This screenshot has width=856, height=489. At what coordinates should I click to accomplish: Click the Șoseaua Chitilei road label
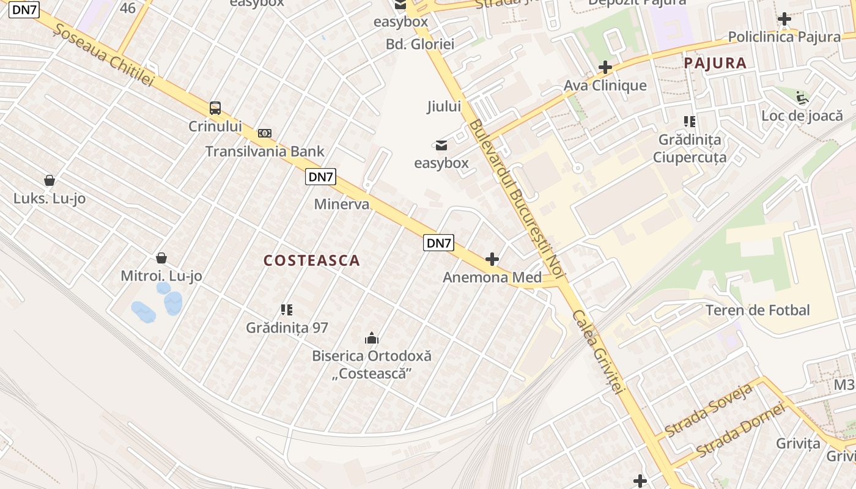[x=103, y=56]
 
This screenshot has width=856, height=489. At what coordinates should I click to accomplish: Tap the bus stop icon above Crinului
[x=215, y=108]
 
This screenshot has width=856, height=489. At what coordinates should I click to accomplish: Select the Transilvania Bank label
[x=265, y=151]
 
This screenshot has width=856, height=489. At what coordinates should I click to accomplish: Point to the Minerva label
[x=342, y=204]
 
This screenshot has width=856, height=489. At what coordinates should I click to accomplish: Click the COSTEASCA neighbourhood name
[x=312, y=260]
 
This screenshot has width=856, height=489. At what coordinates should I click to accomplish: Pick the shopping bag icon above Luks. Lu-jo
[x=50, y=180]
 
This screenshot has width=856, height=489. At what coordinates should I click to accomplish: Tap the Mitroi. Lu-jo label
[x=161, y=276]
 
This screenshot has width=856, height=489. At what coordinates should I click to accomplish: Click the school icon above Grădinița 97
[x=287, y=310]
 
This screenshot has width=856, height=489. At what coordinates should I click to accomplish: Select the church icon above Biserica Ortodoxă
[x=372, y=338]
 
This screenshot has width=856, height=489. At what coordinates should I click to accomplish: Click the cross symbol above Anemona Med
[x=492, y=259]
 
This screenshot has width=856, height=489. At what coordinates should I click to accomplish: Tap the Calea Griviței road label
[x=597, y=351]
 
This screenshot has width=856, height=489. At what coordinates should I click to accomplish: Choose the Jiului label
[x=444, y=106]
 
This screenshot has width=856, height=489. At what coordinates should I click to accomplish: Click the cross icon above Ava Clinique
[x=605, y=67]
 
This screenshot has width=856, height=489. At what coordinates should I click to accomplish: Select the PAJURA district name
[x=715, y=63]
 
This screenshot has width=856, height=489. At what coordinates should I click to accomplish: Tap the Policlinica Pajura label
[x=784, y=37]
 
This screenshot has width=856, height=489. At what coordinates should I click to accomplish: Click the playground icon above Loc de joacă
[x=802, y=97]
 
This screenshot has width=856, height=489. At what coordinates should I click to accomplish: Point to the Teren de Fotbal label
[x=758, y=310]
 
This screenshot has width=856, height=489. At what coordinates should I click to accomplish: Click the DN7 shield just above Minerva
[x=321, y=177]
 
